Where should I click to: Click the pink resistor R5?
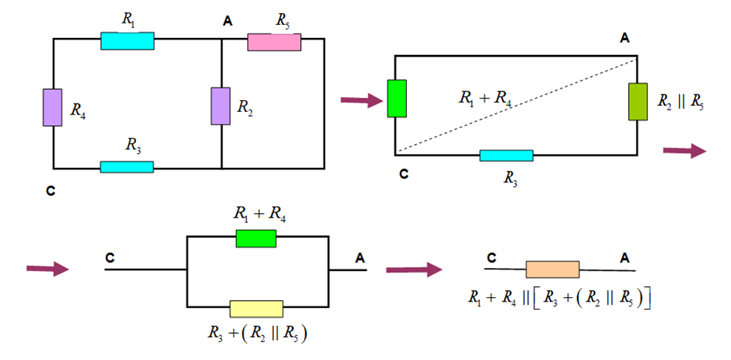275,42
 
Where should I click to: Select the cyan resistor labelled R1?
127,40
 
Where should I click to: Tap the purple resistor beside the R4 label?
53,108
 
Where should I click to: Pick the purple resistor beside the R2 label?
221,106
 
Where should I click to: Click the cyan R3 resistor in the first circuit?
126,167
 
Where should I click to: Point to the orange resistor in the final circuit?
552,269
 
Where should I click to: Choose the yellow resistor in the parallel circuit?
256,309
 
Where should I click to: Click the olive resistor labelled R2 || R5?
638,102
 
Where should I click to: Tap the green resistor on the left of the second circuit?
396,98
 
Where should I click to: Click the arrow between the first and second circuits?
361,100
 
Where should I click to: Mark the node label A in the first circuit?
228,23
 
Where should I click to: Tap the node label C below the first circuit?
50,191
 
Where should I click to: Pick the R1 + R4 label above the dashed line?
483,97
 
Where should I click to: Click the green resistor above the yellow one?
256,238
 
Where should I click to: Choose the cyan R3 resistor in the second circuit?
506,156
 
